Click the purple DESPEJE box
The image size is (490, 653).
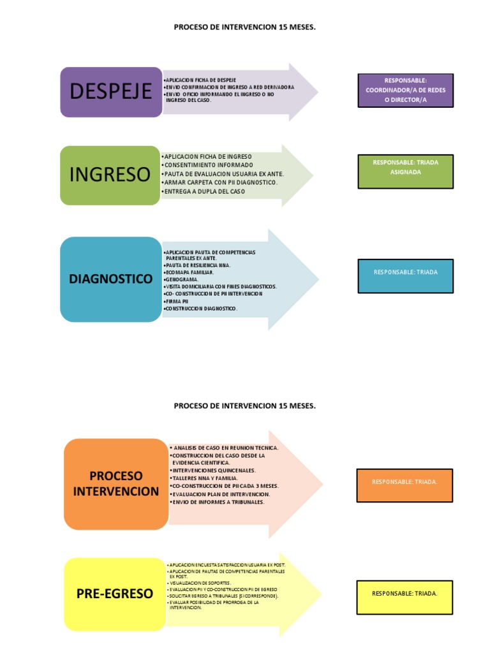[111, 92]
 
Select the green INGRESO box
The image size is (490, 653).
[110, 175]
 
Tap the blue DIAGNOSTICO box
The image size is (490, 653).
[111, 279]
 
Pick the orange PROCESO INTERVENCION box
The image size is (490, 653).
[115, 484]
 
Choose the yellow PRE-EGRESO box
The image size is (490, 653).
[115, 594]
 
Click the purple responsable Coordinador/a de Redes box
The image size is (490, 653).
[406, 91]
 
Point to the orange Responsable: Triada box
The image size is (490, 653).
[405, 482]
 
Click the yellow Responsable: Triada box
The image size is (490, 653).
[405, 594]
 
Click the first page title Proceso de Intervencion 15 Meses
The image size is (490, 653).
[244, 28]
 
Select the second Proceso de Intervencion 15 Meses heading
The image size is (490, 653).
[244, 406]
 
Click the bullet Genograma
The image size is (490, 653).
[182, 279]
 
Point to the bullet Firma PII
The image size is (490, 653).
[177, 301]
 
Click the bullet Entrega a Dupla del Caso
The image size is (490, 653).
[204, 191]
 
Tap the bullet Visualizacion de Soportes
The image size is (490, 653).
[200, 583]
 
